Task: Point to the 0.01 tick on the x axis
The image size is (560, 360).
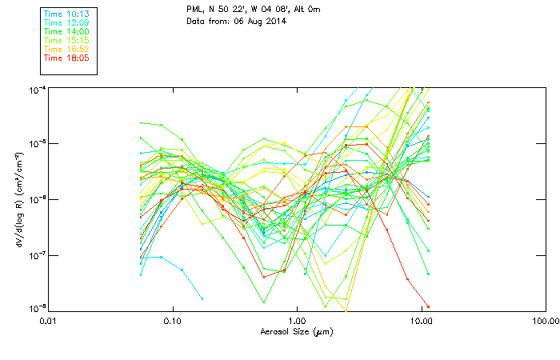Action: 50,321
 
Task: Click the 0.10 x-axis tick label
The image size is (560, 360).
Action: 173,321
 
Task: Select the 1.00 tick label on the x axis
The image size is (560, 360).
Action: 297,321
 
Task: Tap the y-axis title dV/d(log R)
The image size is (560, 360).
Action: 18,198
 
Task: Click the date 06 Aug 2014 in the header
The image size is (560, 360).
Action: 260,21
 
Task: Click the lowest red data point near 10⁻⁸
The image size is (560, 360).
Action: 428,306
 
